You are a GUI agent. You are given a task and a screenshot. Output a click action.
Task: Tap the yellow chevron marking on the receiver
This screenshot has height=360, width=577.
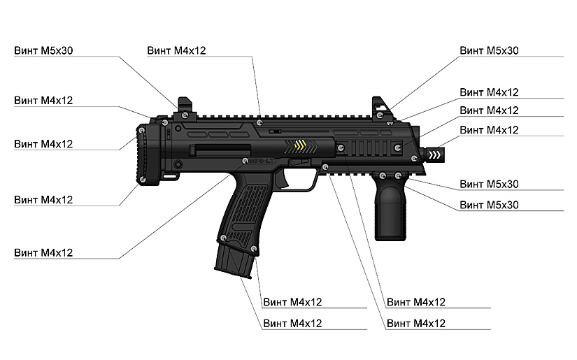(301, 146)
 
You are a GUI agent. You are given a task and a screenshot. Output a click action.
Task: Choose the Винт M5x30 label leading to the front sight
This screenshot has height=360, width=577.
(489, 51)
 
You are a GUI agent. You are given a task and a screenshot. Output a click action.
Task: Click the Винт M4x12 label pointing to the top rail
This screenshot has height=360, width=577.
(176, 51)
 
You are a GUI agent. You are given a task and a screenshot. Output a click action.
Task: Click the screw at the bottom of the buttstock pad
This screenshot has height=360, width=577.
(143, 180)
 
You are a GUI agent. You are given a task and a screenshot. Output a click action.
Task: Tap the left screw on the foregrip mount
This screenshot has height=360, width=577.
(382, 174)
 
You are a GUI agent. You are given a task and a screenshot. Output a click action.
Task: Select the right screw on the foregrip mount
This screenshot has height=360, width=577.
(398, 175)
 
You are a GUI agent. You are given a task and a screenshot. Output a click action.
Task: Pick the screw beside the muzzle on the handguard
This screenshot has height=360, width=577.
(397, 147)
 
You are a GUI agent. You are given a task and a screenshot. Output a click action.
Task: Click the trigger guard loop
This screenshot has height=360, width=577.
(301, 180)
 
